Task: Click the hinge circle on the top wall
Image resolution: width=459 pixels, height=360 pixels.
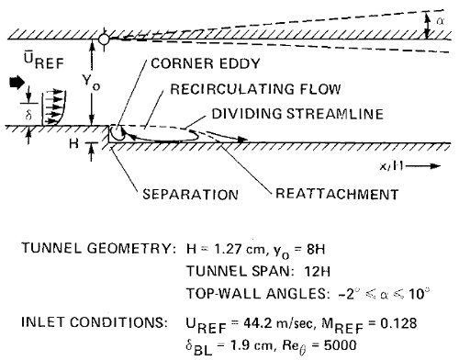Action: (x=104, y=39)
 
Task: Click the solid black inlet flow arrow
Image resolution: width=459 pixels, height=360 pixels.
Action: (x=17, y=83)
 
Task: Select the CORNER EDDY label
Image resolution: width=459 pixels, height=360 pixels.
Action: (x=206, y=63)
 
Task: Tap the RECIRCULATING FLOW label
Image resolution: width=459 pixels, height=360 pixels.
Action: (x=255, y=89)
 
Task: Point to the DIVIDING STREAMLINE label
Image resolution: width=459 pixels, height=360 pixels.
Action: (x=297, y=114)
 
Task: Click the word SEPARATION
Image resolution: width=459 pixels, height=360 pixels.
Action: (x=190, y=195)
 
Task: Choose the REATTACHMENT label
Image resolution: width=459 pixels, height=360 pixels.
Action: (x=337, y=194)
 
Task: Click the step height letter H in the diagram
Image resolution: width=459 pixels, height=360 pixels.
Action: (x=73, y=143)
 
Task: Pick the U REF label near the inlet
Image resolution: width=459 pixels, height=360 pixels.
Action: (x=44, y=61)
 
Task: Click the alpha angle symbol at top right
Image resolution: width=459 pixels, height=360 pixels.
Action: (x=441, y=21)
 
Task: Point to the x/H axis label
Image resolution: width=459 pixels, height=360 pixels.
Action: (x=391, y=166)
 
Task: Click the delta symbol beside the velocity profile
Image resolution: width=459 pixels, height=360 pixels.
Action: (x=28, y=116)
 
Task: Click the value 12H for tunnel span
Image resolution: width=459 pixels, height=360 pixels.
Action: (x=318, y=272)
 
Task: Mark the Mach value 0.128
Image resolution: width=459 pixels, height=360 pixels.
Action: (x=398, y=323)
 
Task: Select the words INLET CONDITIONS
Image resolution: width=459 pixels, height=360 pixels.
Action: (x=95, y=322)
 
